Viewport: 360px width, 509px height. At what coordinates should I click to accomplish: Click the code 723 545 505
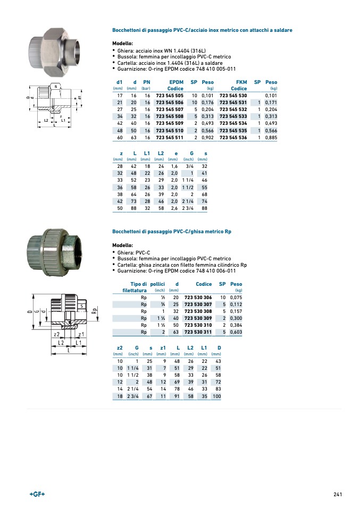tap(170, 95)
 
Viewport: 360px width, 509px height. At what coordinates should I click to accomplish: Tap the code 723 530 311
tap(198, 332)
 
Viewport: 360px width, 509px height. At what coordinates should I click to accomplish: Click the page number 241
tap(337, 495)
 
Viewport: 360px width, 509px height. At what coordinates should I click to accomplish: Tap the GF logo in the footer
tap(37, 495)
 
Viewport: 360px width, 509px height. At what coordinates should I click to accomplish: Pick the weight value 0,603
tap(236, 332)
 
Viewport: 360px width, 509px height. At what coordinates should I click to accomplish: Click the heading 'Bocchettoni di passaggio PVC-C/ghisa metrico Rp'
tap(172, 232)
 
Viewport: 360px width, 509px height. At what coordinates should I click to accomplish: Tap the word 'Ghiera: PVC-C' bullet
tap(133, 252)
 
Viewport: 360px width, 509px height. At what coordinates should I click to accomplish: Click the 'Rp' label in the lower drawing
tap(94, 311)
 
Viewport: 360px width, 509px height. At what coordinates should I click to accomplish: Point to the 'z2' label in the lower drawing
tap(56, 334)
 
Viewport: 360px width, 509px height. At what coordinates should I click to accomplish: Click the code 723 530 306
tap(198, 297)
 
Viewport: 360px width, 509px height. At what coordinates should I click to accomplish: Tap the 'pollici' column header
tap(158, 284)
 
